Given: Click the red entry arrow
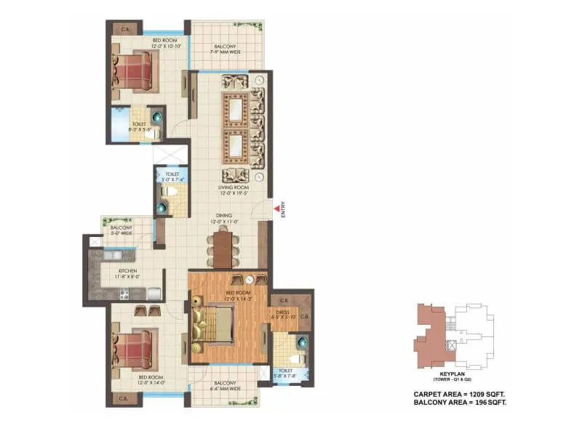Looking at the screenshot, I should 275,211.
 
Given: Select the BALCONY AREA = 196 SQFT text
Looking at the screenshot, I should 455,402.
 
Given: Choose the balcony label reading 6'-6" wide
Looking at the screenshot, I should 224,387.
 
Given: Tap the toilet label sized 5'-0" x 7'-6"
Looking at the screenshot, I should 172,177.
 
